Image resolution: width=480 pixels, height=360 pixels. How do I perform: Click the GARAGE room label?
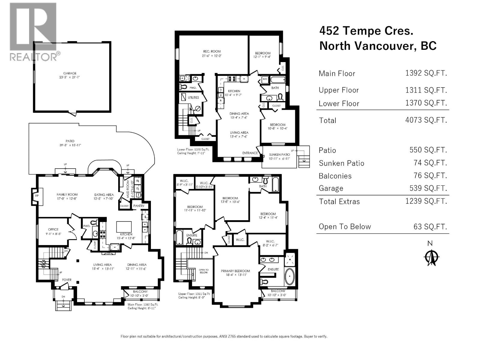[x=70, y=73]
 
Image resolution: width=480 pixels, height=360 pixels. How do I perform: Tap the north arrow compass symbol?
[x=432, y=257]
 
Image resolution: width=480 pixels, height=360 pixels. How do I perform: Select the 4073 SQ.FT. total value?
[x=426, y=120]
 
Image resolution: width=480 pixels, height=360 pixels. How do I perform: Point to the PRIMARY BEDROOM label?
[x=235, y=271]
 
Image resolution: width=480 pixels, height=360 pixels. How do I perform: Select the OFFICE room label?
[x=53, y=229]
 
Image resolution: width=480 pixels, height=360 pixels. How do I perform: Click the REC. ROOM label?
[x=212, y=51]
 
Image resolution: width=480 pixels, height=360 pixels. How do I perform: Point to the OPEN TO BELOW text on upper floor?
[x=203, y=271]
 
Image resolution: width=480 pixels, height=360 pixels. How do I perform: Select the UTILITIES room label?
[x=193, y=97]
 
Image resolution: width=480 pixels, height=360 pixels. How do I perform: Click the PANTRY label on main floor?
[x=139, y=206]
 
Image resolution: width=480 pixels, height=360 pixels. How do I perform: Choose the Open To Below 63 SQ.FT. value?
[x=430, y=226]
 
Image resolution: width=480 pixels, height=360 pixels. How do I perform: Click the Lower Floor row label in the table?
[x=339, y=103]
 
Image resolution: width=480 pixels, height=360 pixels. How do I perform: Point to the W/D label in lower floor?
[x=265, y=79]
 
